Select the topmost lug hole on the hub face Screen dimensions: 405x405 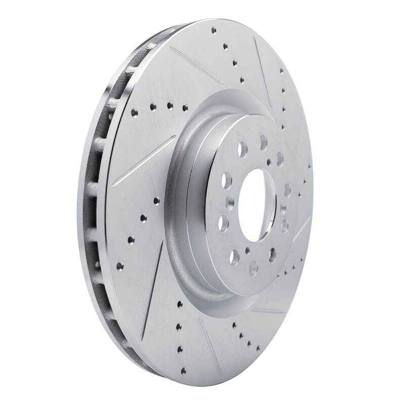point(263,142)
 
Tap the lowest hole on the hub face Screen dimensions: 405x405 point(253,267)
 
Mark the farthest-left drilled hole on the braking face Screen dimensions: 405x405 point(119,265)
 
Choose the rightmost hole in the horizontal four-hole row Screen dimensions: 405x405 point(185,107)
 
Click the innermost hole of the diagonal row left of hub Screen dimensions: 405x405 point(156,200)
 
